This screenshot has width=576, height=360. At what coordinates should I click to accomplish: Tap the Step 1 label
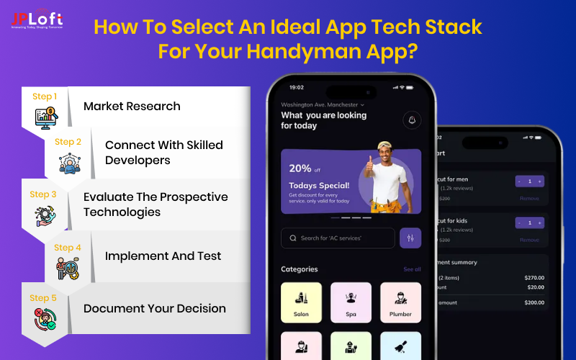pyautogui.click(x=42, y=96)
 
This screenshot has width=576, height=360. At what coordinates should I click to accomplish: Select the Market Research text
pyautogui.click(x=132, y=107)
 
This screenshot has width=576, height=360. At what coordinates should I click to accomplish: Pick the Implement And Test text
pyautogui.click(x=163, y=256)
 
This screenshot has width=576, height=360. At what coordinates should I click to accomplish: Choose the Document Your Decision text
pyautogui.click(x=155, y=308)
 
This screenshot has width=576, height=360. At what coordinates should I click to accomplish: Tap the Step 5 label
pyautogui.click(x=42, y=297)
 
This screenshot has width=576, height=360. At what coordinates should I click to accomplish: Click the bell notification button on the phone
pyautogui.click(x=413, y=120)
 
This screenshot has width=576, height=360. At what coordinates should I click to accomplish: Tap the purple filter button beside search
pyautogui.click(x=410, y=238)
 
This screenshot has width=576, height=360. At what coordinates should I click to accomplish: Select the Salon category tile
pyautogui.click(x=301, y=302)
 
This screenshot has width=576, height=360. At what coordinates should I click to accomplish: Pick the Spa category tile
pyautogui.click(x=351, y=302)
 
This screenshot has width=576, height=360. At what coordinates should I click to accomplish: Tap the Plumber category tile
pyautogui.click(x=400, y=302)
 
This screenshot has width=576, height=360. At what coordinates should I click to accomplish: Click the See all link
pyautogui.click(x=412, y=269)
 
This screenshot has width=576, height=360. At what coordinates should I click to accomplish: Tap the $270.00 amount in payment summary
pyautogui.click(x=534, y=277)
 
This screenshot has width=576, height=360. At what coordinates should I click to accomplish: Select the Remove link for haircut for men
pyautogui.click(x=529, y=198)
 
